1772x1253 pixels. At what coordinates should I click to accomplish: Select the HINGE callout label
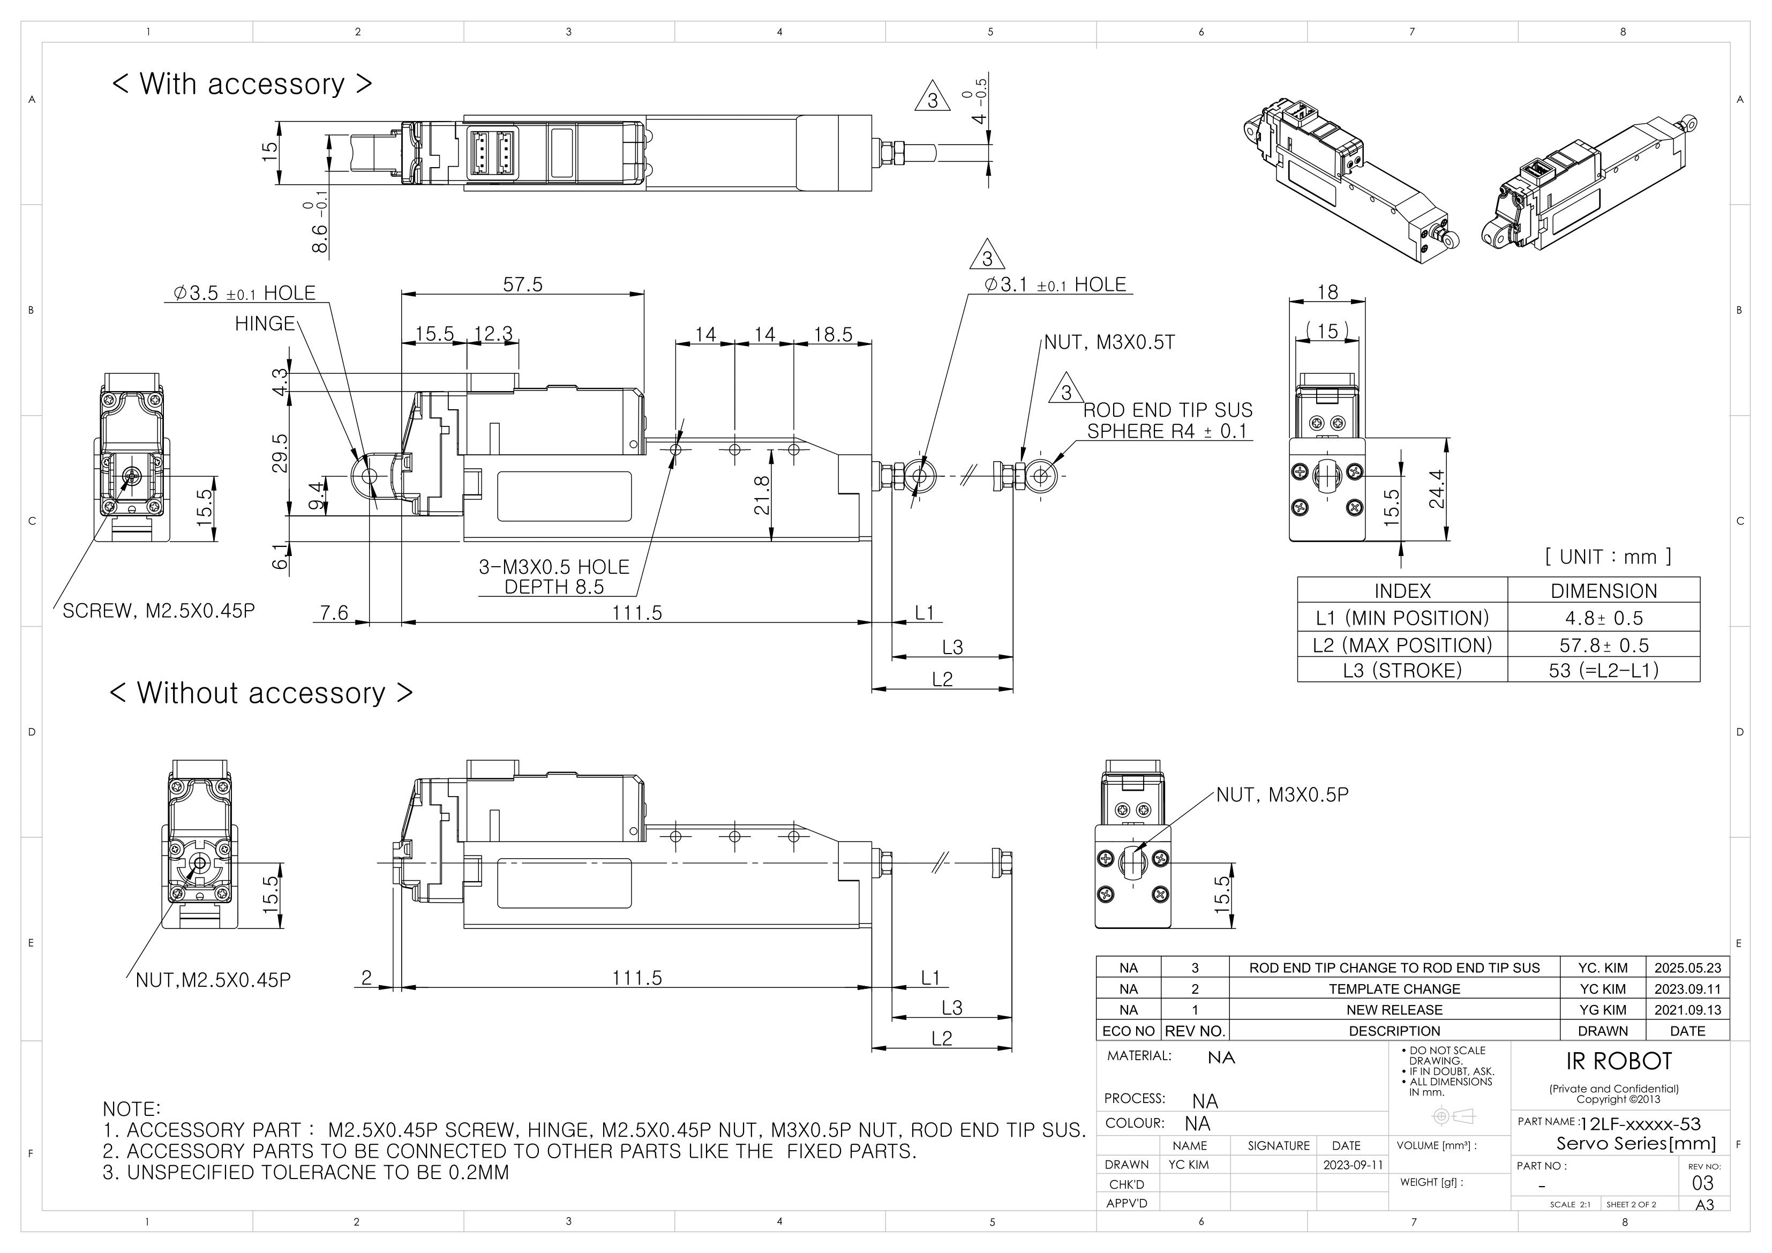(x=265, y=324)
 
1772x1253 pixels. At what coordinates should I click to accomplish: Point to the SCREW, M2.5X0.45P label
(x=158, y=611)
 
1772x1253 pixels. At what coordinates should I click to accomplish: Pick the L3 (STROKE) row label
(x=1402, y=670)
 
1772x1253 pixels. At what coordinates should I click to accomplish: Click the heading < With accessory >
(x=242, y=84)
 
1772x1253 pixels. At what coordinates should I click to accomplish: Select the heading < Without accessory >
(x=261, y=693)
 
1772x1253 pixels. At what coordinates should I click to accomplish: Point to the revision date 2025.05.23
(x=1687, y=967)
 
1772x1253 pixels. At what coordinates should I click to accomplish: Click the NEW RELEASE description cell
(x=1394, y=1010)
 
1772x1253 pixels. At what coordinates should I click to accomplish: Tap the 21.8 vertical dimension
(x=762, y=495)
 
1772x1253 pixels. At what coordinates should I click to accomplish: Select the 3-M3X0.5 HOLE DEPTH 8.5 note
(x=554, y=577)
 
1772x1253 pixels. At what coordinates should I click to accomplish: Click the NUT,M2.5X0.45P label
(x=213, y=980)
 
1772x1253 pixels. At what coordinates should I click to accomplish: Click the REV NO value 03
(x=1702, y=1183)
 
